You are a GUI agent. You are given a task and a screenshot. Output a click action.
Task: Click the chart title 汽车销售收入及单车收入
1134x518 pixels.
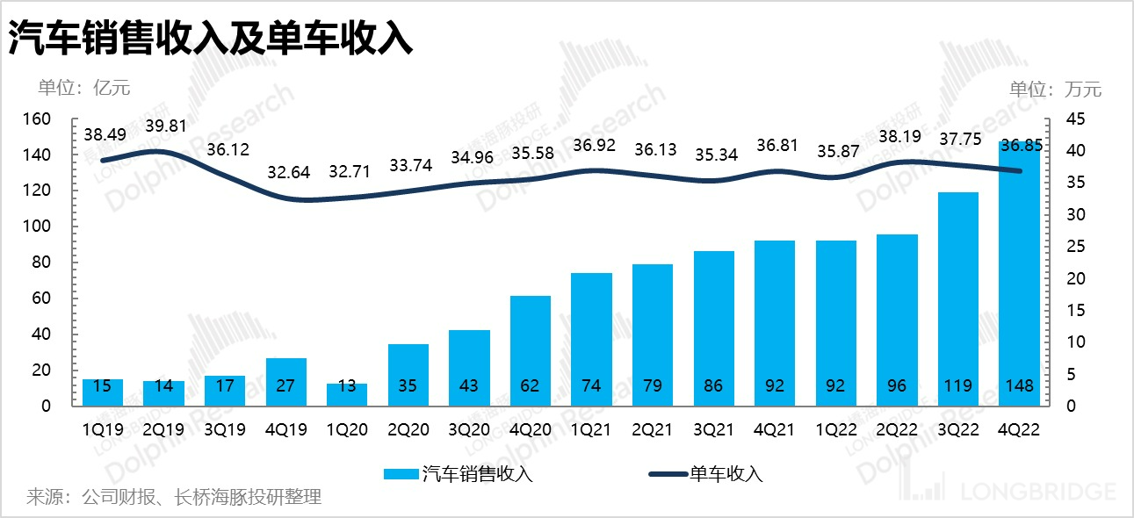[x=211, y=39]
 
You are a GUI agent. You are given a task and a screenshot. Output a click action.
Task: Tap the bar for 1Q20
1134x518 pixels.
[x=347, y=394]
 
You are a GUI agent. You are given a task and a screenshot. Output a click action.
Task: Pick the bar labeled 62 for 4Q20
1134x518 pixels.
[x=531, y=351]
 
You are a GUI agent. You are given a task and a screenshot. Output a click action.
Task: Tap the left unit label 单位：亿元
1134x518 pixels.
[x=83, y=88]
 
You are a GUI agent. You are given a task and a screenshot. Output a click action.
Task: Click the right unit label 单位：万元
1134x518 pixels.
[x=1055, y=89]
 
